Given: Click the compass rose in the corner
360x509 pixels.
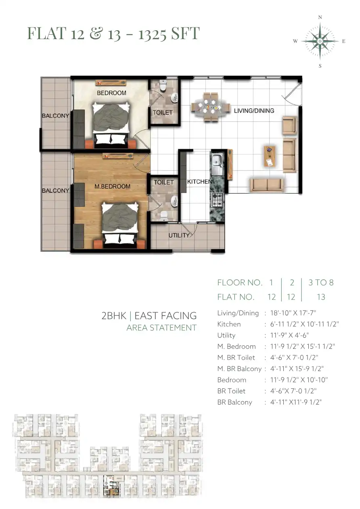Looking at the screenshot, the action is coord(320,42).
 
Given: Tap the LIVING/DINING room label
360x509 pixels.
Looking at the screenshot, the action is coord(254,111).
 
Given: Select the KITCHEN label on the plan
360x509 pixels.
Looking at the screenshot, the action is coord(199,181).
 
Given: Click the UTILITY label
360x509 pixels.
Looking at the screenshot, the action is coord(179,236).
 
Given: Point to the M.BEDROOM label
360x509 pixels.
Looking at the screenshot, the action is coord(112,187).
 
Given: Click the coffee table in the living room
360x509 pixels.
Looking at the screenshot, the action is coord(270,156).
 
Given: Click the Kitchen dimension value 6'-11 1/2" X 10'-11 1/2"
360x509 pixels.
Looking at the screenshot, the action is coord(305,324).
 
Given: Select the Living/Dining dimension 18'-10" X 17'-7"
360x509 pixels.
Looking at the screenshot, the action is coord(293,313).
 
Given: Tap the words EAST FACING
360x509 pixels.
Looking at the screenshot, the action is coord(165,316).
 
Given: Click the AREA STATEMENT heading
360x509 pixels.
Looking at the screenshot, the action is coord(161,328).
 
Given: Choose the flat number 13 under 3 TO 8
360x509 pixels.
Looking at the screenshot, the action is coord(321,297).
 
